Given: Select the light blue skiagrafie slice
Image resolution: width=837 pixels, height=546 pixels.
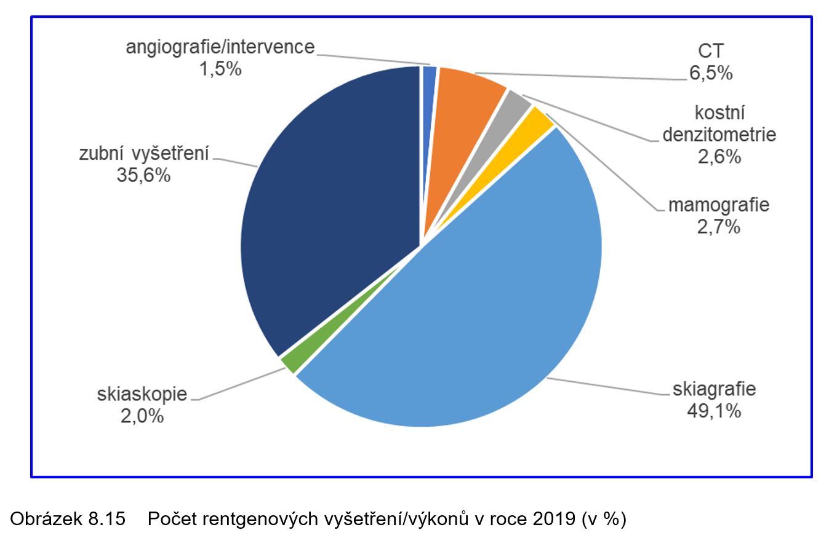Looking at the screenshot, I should click(x=468, y=307).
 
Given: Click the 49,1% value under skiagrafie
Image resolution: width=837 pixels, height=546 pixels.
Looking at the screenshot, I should click(x=714, y=410).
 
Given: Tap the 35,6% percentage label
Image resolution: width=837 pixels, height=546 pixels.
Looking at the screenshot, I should click(x=143, y=175).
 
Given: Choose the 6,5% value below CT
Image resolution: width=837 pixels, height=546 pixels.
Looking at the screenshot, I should click(x=711, y=73).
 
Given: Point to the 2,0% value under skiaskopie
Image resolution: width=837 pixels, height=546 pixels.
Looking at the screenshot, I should click(x=142, y=416).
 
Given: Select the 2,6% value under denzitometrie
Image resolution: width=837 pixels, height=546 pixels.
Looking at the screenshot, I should click(x=719, y=157).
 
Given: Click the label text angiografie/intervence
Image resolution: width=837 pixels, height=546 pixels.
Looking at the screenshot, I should click(x=220, y=47).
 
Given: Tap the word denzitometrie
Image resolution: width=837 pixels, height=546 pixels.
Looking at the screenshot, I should click(x=719, y=135).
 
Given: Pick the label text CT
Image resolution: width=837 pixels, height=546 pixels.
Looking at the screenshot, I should click(x=711, y=52).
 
